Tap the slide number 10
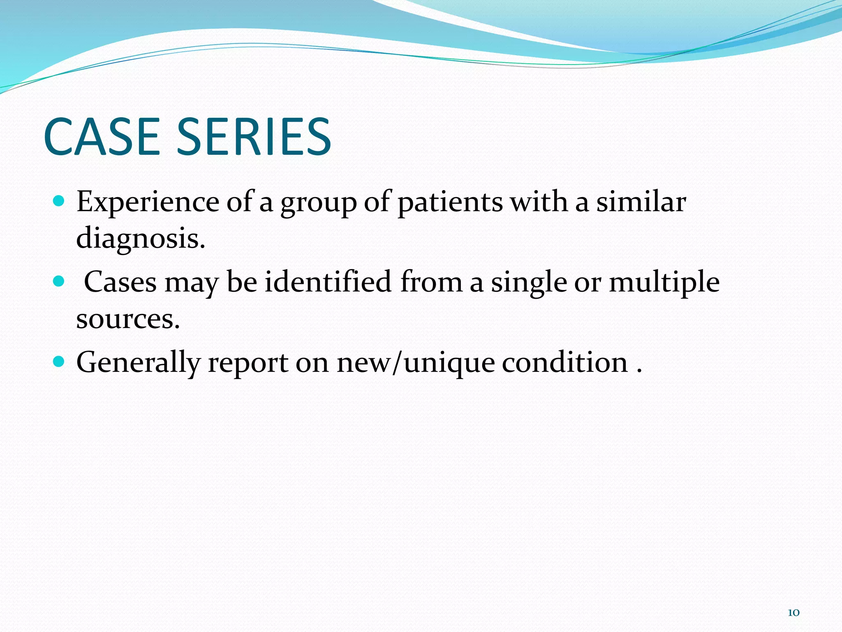pyautogui.click(x=793, y=613)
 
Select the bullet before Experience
pyautogui.click(x=59, y=201)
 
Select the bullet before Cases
pyautogui.click(x=59, y=281)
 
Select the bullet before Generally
pyautogui.click(x=59, y=362)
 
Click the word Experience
pyautogui.click(x=148, y=202)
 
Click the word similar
pyautogui.click(x=641, y=202)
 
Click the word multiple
pyautogui.click(x=664, y=283)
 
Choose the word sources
pyautogui.click(x=128, y=319)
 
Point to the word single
pyautogui.click(x=529, y=283)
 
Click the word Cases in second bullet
pyautogui.click(x=120, y=283)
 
